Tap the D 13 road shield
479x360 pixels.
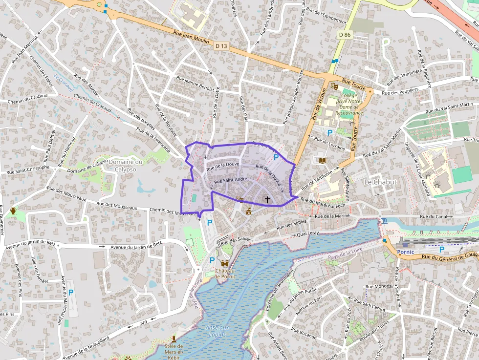(221, 46)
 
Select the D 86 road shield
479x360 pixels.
(345, 35)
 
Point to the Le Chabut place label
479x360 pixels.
(380, 182)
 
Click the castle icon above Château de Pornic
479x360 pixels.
(225, 263)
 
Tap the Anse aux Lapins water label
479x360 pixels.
(218, 331)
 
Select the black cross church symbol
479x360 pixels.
(267, 199)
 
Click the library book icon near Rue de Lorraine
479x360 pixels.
(322, 160)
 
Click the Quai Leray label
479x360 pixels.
(307, 233)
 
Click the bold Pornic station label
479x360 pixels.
(406, 252)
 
